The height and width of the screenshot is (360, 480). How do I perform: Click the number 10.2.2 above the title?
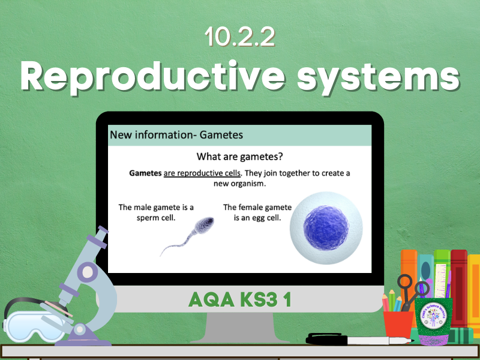pyautogui.click(x=240, y=37)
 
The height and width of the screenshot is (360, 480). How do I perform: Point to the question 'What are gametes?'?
pyautogui.click(x=240, y=157)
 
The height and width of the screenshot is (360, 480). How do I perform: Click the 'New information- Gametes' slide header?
pyautogui.click(x=176, y=135)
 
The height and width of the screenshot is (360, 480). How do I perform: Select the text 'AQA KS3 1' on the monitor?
pyautogui.click(x=240, y=300)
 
